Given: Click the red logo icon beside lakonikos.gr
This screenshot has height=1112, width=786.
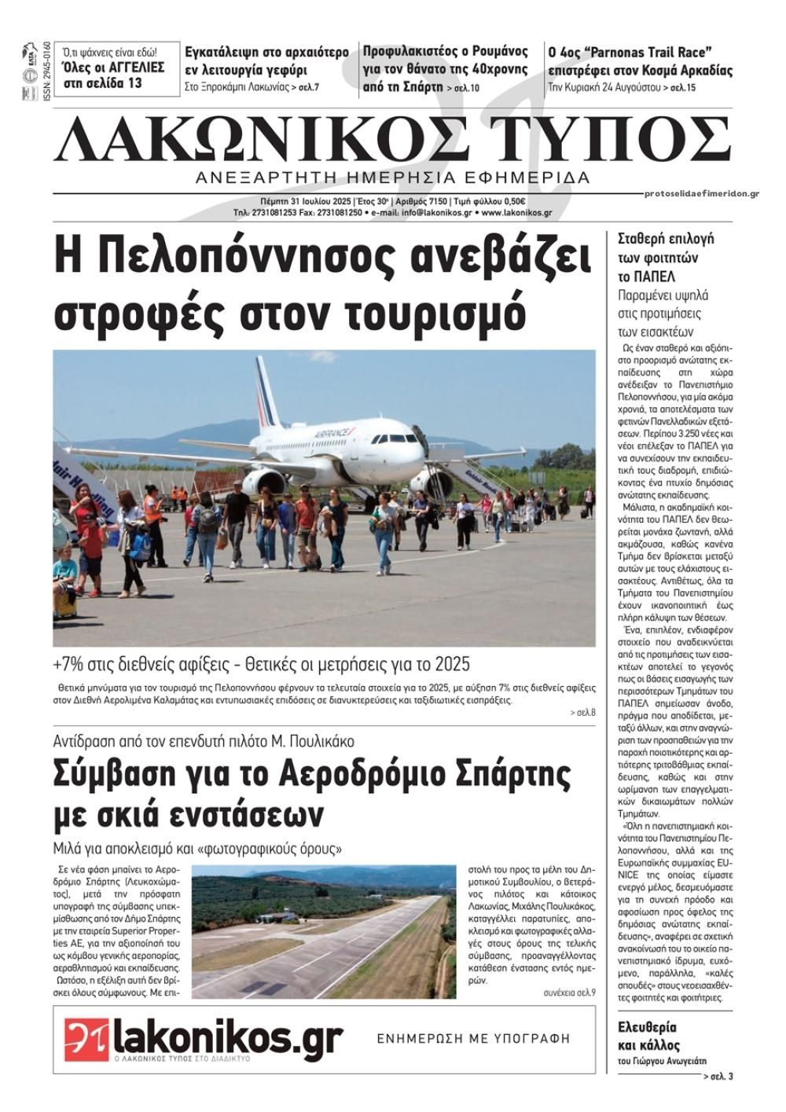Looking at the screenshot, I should click(86, 1040).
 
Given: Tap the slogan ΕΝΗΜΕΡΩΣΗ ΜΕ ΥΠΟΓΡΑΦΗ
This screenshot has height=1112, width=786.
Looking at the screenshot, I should click(472, 1038).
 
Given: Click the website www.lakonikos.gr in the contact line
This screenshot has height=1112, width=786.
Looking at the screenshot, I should click(516, 212).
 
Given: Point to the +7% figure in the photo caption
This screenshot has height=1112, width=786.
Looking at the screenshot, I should click(68, 665).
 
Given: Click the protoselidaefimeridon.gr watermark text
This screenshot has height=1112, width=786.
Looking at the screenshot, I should click(700, 193).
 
